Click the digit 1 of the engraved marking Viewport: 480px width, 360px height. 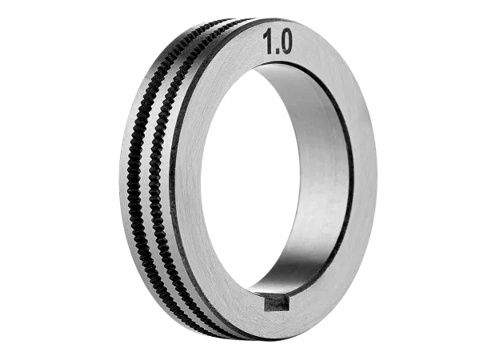(x=269, y=42)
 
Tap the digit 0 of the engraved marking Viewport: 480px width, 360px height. (x=285, y=41)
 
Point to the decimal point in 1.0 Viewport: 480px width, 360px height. (x=276, y=52)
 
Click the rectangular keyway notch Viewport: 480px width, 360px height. (x=277, y=303)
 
